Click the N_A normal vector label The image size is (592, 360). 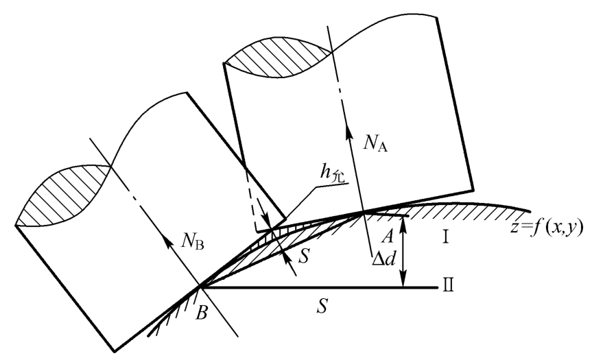pos(370,145)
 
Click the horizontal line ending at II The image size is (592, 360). pos(343,287)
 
